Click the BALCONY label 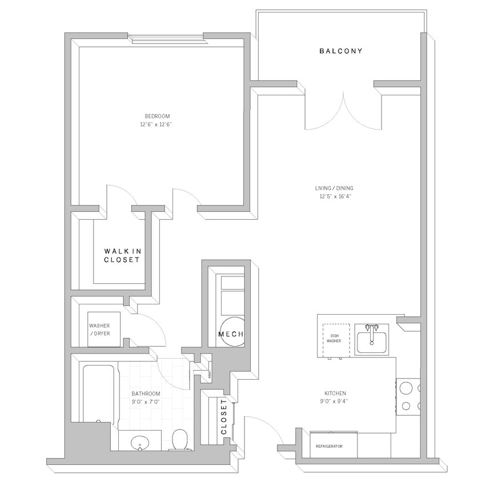(340, 51)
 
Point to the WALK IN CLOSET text (122, 255)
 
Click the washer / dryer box (103, 330)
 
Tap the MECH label (231, 334)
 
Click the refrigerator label (330, 446)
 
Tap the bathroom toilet (180, 440)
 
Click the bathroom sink (139, 443)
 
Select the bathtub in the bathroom (100, 394)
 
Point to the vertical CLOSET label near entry (224, 417)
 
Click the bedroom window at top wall (166, 39)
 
